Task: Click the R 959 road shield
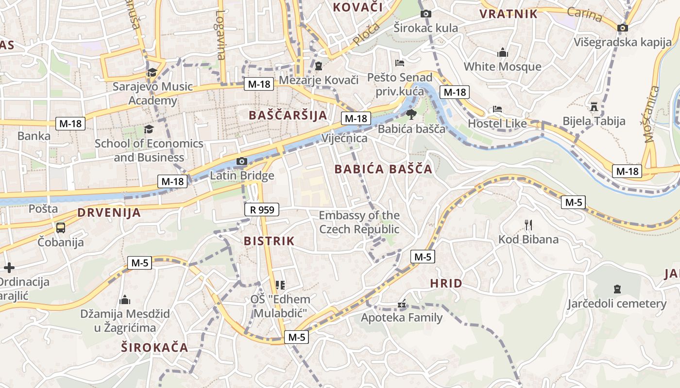click(x=261, y=210)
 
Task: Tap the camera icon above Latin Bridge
click(x=241, y=161)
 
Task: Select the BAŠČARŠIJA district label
click(x=288, y=115)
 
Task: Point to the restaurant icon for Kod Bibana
click(x=528, y=225)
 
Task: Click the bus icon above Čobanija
click(x=61, y=227)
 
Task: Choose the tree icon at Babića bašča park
click(x=411, y=114)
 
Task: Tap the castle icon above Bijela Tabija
click(x=594, y=106)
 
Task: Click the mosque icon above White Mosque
click(x=502, y=52)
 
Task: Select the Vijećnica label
click(x=344, y=139)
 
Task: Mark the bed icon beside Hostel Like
click(x=497, y=109)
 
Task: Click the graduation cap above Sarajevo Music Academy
click(x=152, y=72)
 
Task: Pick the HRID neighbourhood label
click(x=446, y=283)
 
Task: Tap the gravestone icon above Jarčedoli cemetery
click(x=617, y=289)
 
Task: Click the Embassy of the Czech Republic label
click(x=359, y=222)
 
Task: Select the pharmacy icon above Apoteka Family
click(x=402, y=304)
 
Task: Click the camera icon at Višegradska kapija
click(x=622, y=28)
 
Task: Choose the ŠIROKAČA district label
click(x=154, y=347)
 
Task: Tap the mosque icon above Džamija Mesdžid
click(x=125, y=299)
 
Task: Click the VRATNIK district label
click(x=509, y=14)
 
